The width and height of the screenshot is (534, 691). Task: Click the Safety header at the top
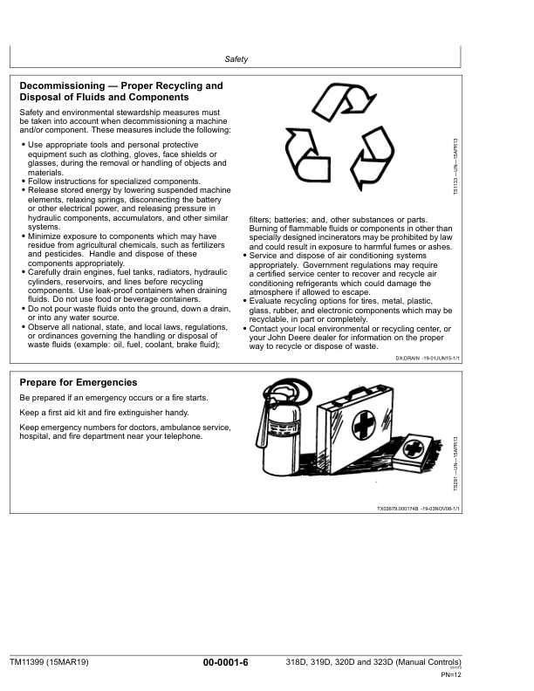[236, 59]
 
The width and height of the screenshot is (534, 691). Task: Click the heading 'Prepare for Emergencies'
[78, 382]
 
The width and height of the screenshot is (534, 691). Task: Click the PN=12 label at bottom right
[450, 675]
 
